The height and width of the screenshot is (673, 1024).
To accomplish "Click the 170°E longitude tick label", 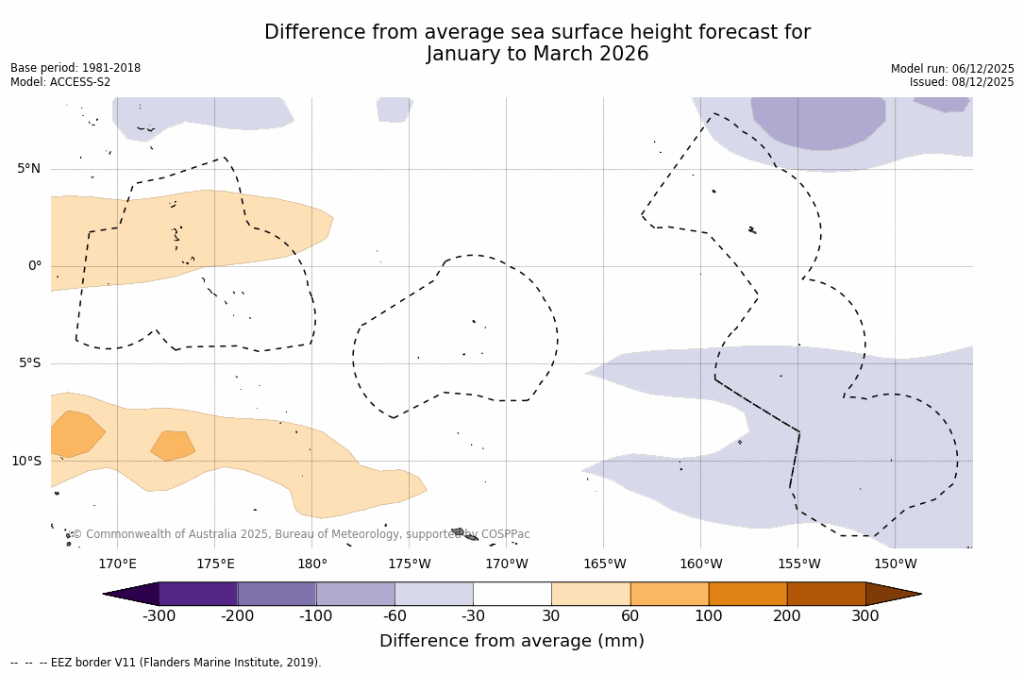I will pyautogui.click(x=117, y=564).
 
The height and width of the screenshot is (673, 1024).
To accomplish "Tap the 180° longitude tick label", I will pyautogui.click(x=312, y=564).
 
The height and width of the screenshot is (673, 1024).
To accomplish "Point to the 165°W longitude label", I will pyautogui.click(x=604, y=564).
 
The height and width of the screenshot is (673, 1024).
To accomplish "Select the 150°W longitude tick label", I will pyautogui.click(x=895, y=564).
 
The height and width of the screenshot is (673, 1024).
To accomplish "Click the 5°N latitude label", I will pyautogui.click(x=28, y=169).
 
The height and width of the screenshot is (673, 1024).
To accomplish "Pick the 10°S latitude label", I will pyautogui.click(x=25, y=462).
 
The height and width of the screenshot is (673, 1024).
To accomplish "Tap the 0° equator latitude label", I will pyautogui.click(x=34, y=266).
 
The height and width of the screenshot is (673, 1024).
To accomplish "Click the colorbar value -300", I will pyautogui.click(x=159, y=616).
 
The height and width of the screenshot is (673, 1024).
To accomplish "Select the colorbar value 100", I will pyautogui.click(x=709, y=616).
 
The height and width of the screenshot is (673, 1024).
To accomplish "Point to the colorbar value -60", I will pyautogui.click(x=394, y=616).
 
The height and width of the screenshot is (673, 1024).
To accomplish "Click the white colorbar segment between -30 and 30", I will pyautogui.click(x=512, y=594).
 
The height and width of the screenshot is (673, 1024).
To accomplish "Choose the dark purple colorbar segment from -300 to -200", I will pyautogui.click(x=198, y=594).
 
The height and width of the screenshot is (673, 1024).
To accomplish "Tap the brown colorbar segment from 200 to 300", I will pyautogui.click(x=826, y=594).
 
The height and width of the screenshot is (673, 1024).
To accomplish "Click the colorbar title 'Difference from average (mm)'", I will pyautogui.click(x=512, y=642).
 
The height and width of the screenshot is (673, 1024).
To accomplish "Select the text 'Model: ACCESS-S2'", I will pyautogui.click(x=60, y=82).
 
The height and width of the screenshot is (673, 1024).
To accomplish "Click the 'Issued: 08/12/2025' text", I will pyautogui.click(x=962, y=82).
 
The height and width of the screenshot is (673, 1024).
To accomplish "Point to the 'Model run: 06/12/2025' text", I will pyautogui.click(x=952, y=69).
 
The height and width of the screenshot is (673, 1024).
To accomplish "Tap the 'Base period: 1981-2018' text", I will pyautogui.click(x=76, y=68).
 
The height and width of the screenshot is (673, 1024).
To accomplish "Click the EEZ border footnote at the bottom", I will pyautogui.click(x=166, y=663).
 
